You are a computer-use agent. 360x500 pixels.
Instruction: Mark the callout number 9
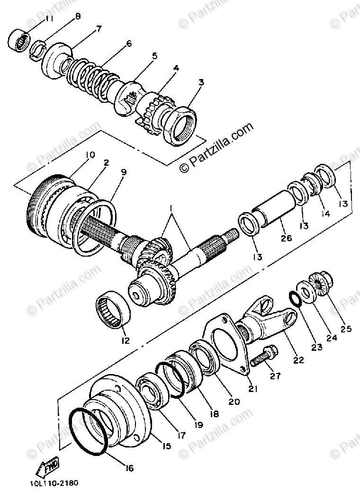[x=124, y=172]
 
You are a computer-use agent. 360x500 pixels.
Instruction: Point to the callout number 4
[x=176, y=68]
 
